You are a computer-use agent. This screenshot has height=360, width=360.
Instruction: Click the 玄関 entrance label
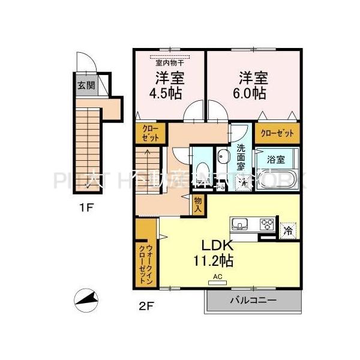(86, 85)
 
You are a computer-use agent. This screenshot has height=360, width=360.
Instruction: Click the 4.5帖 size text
(170, 94)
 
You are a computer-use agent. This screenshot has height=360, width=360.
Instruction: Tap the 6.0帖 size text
(252, 94)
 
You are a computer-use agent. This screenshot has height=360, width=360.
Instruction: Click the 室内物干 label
(170, 61)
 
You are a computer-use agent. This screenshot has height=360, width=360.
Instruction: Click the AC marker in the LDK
(217, 277)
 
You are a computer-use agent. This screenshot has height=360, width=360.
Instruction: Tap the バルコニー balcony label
(253, 300)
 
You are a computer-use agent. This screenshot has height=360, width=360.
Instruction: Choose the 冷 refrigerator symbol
(288, 229)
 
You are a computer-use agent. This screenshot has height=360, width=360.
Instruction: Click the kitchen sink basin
(239, 226)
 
